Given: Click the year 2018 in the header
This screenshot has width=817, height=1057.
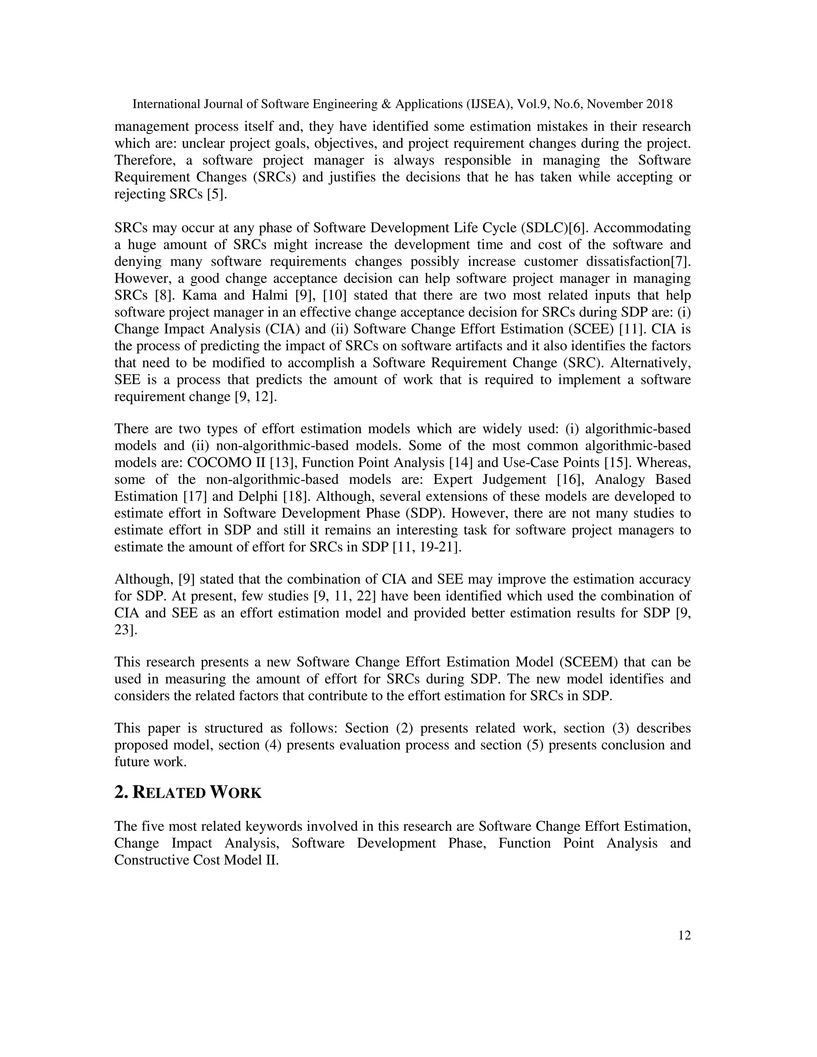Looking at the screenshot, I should coord(659,104).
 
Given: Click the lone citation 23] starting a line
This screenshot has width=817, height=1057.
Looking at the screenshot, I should coord(126,630).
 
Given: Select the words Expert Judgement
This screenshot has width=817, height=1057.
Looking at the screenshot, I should coord(489,479).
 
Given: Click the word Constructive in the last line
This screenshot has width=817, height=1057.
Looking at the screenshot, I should coord(145,860).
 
